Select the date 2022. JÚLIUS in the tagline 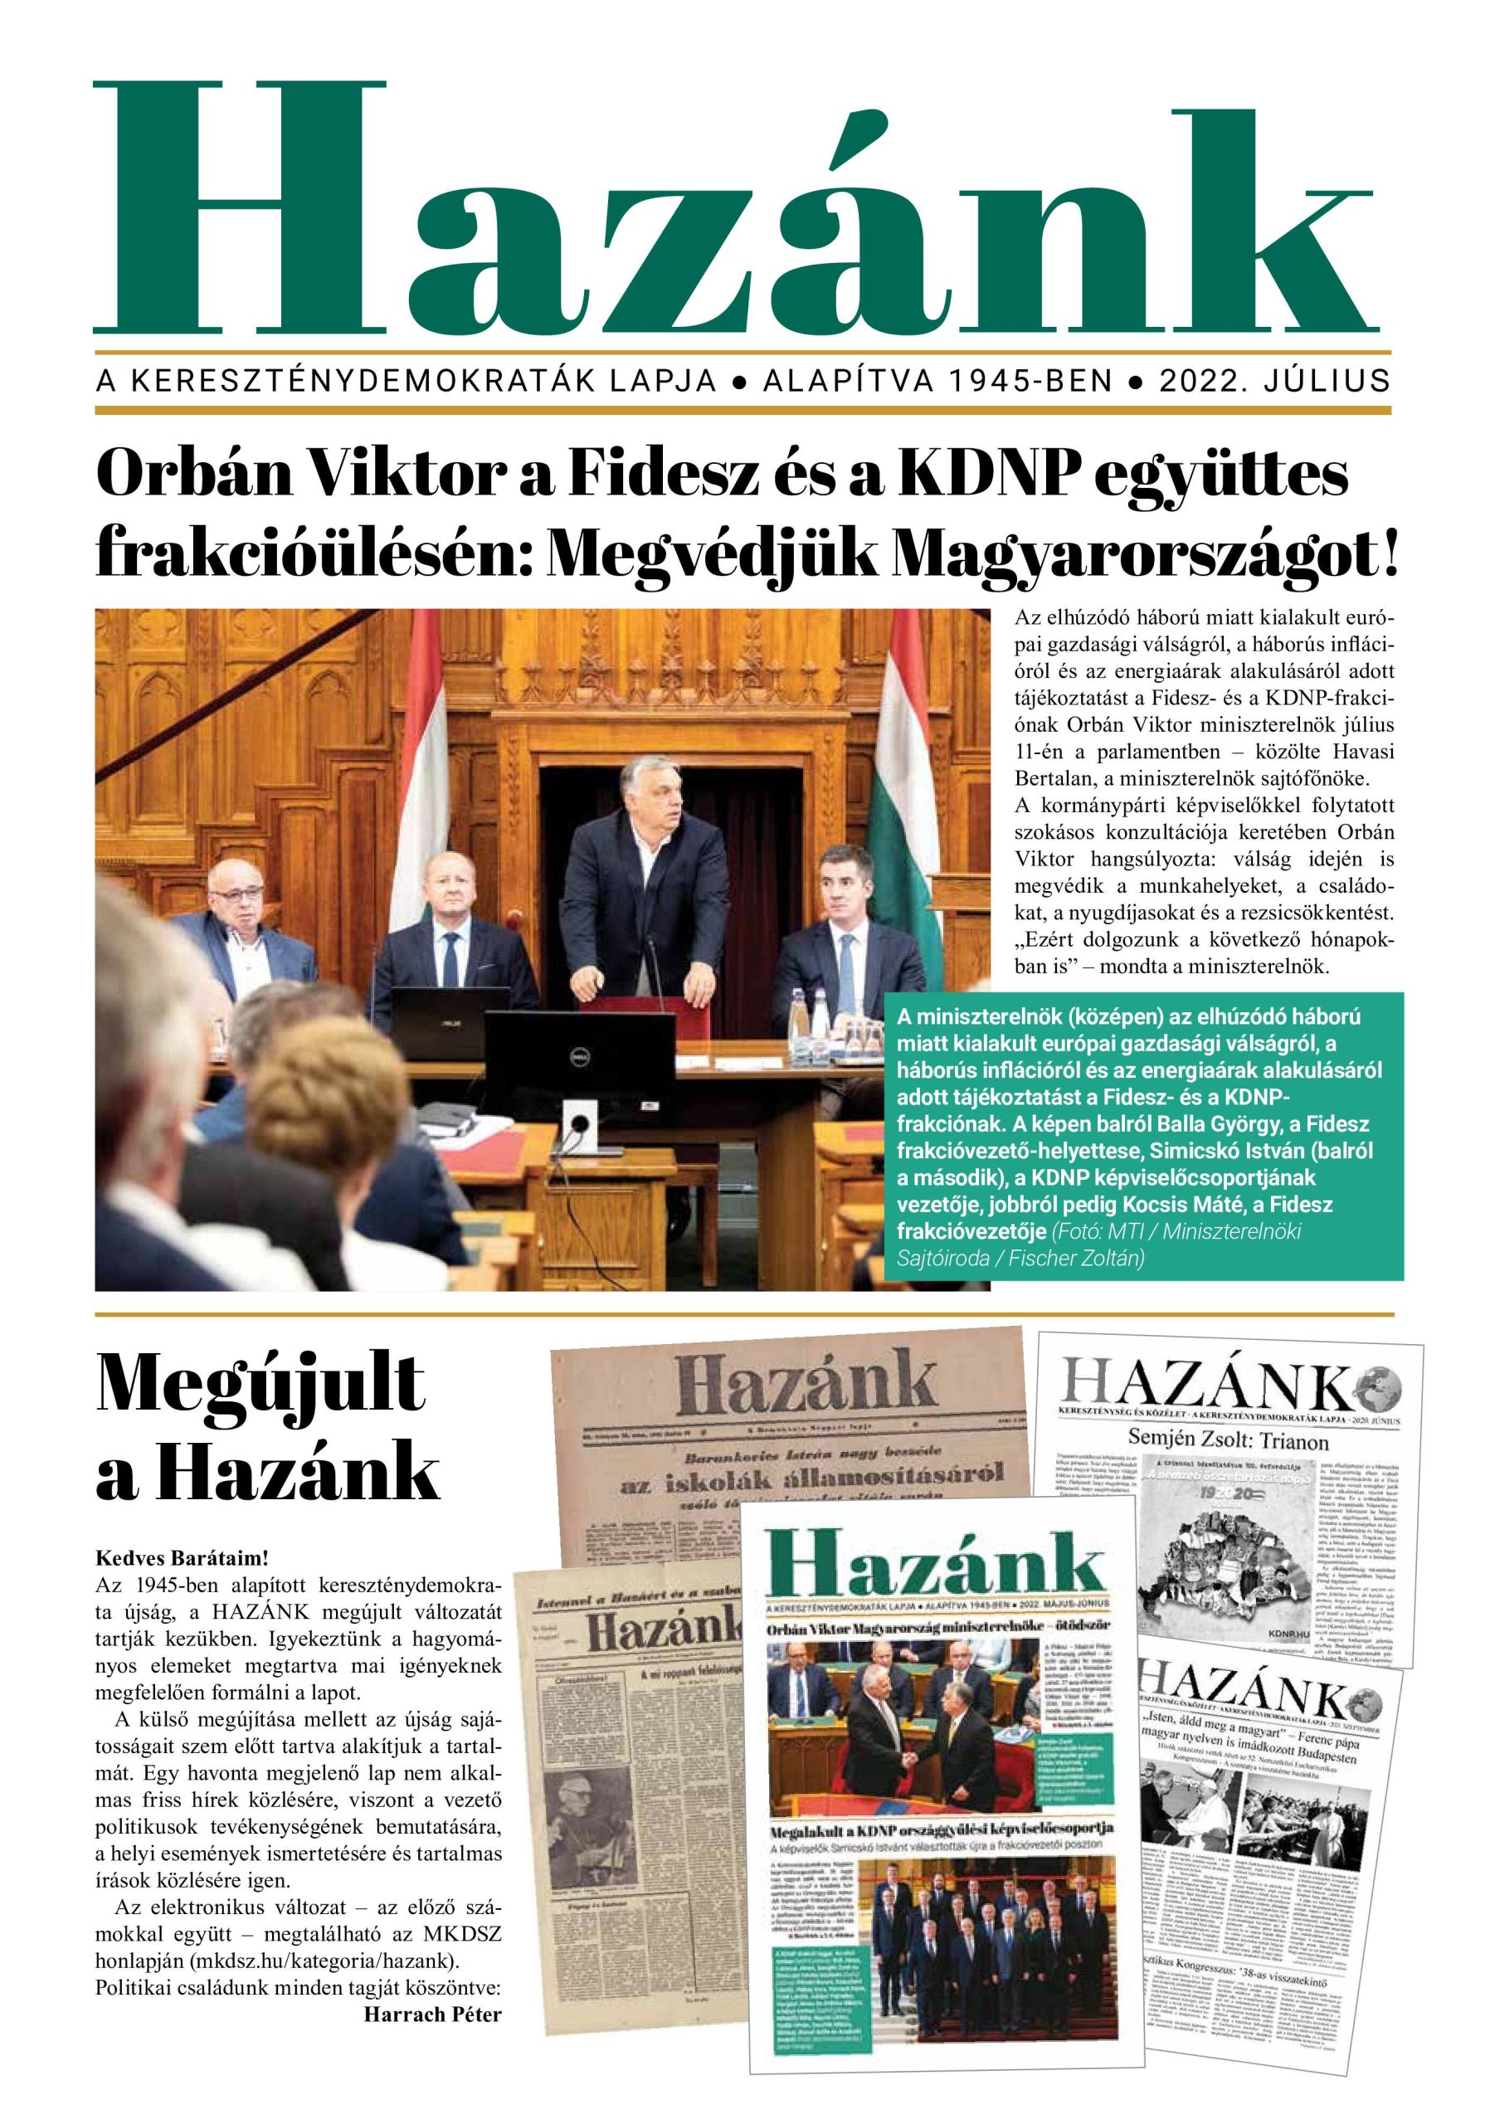pos(1273,380)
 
